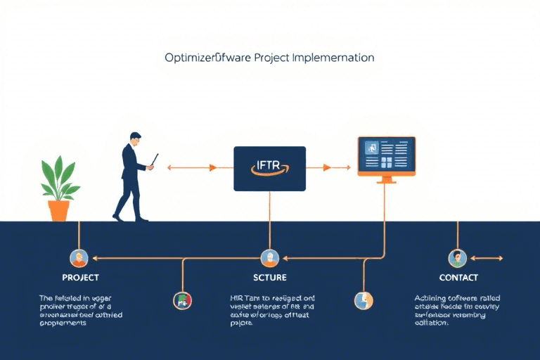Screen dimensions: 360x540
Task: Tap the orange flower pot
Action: [x=59, y=210]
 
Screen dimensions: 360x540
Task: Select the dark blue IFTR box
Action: [x=269, y=168]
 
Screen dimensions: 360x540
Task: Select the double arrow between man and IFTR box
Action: [x=192, y=168]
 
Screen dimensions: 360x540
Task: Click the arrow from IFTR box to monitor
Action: [x=336, y=167]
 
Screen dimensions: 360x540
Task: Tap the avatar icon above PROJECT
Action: [x=79, y=257]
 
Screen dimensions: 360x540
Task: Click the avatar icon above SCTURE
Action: [x=269, y=257]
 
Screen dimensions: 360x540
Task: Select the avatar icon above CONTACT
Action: [x=457, y=258]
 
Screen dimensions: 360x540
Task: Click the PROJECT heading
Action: [x=80, y=278]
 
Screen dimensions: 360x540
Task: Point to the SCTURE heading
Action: [x=269, y=278]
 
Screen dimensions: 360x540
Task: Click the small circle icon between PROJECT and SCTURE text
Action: [x=182, y=300]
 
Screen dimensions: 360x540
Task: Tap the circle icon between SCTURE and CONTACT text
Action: [x=363, y=300]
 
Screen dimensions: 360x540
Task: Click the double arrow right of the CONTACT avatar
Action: [x=489, y=258]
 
